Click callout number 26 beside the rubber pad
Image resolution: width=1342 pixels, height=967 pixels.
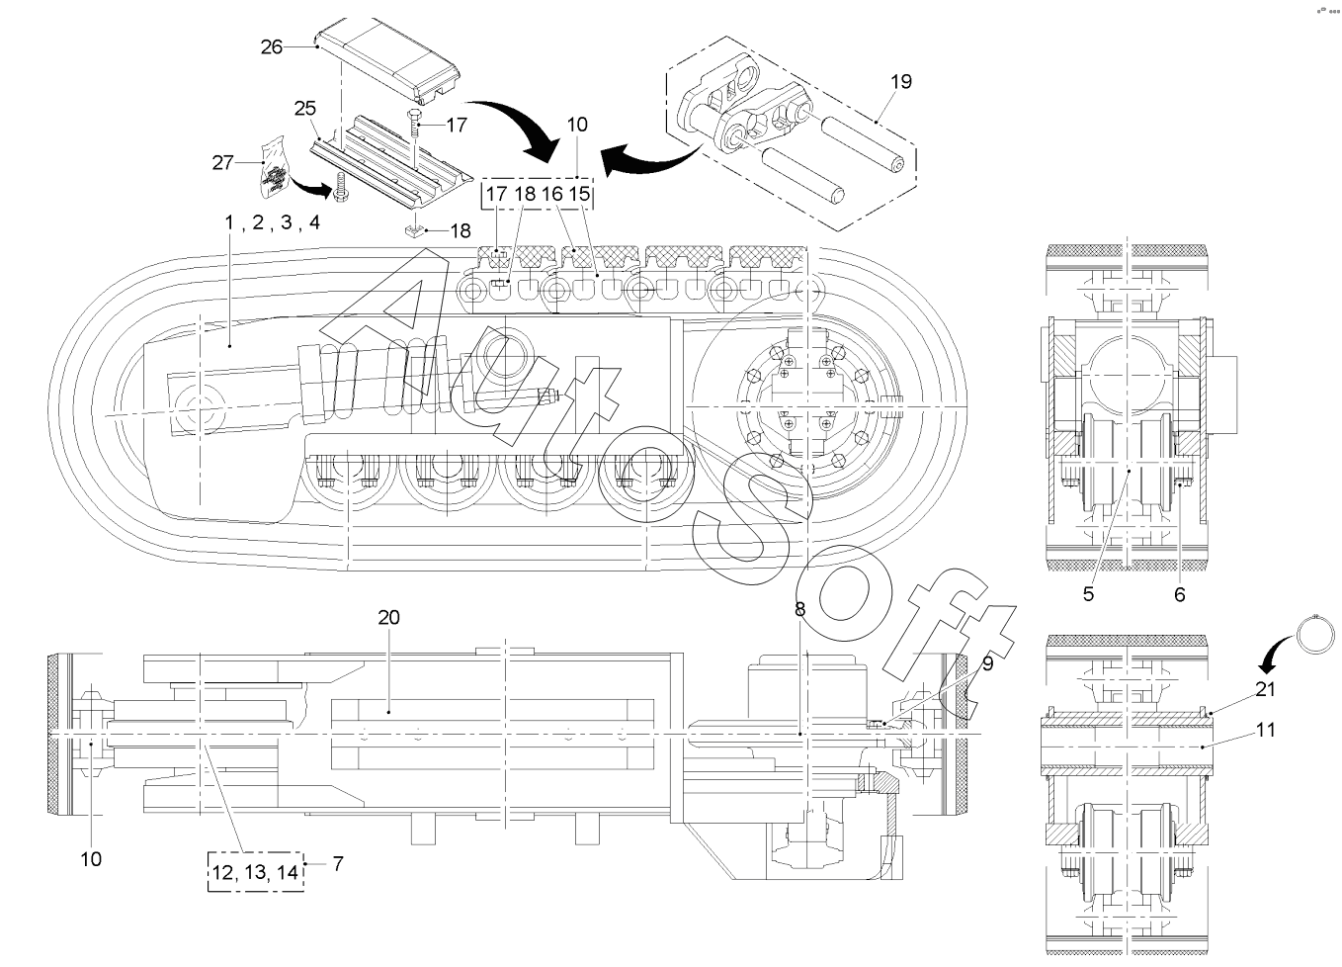272,45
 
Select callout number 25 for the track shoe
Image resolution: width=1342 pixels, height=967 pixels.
304,107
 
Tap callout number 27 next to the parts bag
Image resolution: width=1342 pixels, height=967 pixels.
225,162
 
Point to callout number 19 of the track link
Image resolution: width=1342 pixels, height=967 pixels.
900,82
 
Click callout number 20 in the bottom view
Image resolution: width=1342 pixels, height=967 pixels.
388,617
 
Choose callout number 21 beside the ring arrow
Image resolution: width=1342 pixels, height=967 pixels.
1265,688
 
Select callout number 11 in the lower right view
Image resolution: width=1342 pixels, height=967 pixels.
1265,731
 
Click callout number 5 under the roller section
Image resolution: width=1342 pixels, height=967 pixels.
1088,594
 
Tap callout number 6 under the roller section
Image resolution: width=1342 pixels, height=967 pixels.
1179,594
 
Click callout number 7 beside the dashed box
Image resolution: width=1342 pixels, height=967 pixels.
338,863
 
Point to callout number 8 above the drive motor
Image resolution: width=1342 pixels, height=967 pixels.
799,610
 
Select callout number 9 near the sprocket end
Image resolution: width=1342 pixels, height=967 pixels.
987,665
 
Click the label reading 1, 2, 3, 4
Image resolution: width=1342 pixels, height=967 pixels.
272,222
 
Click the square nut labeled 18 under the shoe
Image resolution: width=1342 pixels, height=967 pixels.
417,231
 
